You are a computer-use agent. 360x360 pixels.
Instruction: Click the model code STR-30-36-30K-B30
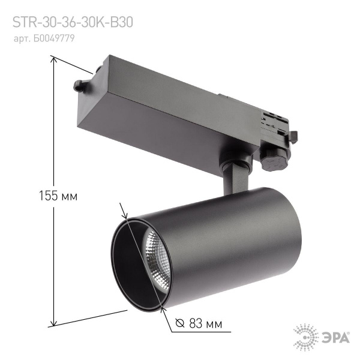point(73,22)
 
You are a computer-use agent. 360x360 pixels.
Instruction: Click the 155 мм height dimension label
point(58,196)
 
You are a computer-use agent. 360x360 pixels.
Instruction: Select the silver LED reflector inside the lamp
point(155,257)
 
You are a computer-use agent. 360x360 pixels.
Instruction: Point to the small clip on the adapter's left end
point(81,85)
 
